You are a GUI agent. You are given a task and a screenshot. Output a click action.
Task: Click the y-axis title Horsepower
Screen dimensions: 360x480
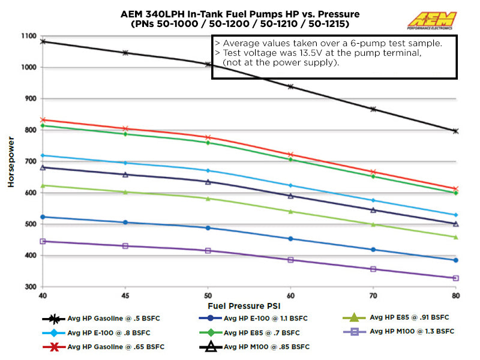coord(10,162)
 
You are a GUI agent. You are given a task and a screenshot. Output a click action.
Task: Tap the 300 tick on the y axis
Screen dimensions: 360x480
coord(27,287)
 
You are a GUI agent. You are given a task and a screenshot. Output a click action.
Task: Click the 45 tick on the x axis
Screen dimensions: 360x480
coord(125,296)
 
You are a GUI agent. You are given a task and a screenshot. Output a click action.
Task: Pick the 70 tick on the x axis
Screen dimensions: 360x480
coord(373,296)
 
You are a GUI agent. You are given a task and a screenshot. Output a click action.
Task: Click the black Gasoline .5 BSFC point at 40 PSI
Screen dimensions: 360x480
coord(43,41)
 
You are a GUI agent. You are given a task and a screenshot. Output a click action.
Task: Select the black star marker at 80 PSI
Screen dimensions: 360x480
coord(455,131)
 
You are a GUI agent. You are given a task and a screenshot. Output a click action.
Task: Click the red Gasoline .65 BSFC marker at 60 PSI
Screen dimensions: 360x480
coord(290,155)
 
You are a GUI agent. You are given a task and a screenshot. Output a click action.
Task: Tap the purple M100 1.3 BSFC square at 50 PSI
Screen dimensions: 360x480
coord(208,250)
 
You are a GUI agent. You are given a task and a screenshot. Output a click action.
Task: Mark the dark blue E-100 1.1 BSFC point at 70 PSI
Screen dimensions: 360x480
coord(373,250)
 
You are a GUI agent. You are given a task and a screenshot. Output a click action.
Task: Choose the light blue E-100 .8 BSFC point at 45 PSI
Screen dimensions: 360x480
coord(125,163)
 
